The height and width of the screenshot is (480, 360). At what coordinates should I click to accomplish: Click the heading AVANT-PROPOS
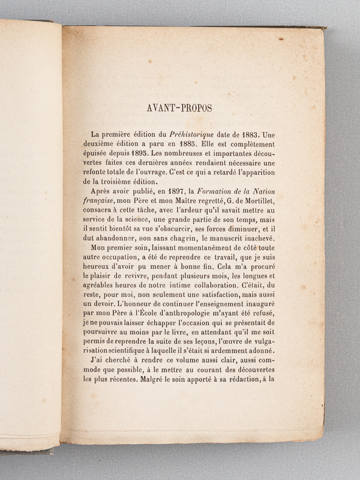tap(179, 109)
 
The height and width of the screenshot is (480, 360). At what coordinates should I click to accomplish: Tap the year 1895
tap(152, 155)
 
